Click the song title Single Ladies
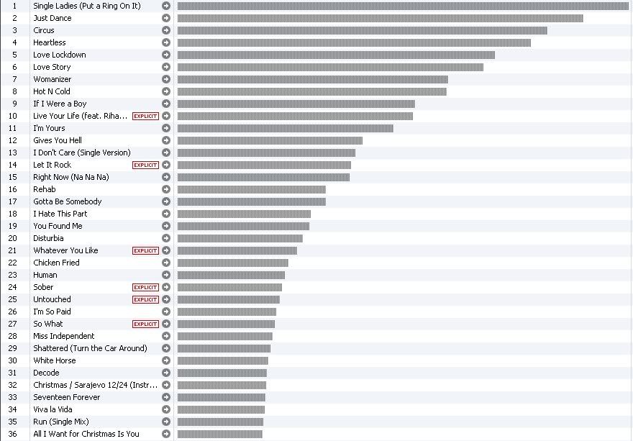coord(86,6)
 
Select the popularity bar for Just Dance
coord(380,18)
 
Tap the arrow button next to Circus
coord(166,30)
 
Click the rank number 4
coord(14,42)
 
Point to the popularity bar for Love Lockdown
coord(336,55)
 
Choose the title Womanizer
coord(53,79)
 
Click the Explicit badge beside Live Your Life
coord(145,116)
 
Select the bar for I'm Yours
coord(285,128)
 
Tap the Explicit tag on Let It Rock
coord(145,165)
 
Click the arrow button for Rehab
coord(166,189)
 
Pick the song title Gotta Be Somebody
coord(68,201)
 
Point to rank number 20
coord(13,238)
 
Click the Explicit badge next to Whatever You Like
coord(145,250)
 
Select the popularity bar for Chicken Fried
coord(232,263)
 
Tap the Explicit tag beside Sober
coord(145,287)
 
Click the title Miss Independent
coord(64,336)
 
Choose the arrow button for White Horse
coord(166,360)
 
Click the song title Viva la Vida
coord(53,409)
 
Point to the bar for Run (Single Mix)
coord(220,422)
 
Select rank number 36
coord(13,434)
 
